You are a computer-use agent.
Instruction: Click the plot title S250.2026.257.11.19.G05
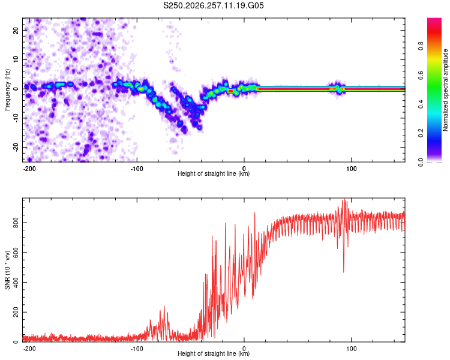click(x=213, y=5)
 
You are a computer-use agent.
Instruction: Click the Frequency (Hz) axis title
click(x=7, y=89)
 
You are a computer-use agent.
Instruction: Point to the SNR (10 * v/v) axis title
click(x=7, y=270)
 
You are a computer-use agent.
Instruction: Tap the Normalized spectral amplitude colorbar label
click(x=445, y=90)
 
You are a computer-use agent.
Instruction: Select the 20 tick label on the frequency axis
click(x=16, y=30)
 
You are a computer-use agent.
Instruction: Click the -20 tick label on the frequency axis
click(x=16, y=148)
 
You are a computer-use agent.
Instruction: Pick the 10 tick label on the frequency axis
click(x=16, y=59)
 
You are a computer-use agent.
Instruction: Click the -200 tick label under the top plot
click(x=29, y=169)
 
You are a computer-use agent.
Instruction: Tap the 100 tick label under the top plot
click(x=351, y=169)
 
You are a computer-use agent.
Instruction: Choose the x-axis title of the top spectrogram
click(x=214, y=173)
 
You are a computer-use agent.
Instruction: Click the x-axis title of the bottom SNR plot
click(x=214, y=353)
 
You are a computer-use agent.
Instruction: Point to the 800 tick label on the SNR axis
click(x=16, y=223)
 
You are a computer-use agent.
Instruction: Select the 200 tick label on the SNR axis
click(x=16, y=312)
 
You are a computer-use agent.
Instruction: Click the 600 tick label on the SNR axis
click(x=16, y=253)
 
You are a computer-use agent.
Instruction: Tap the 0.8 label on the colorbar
click(x=421, y=46)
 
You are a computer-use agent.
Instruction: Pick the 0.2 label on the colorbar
click(x=421, y=133)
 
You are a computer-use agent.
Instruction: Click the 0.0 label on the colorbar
click(x=421, y=162)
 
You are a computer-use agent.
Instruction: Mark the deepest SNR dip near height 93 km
click(x=344, y=272)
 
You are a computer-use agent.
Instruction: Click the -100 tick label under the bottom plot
click(x=137, y=349)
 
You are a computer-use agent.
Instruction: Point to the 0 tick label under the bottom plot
click(x=244, y=349)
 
